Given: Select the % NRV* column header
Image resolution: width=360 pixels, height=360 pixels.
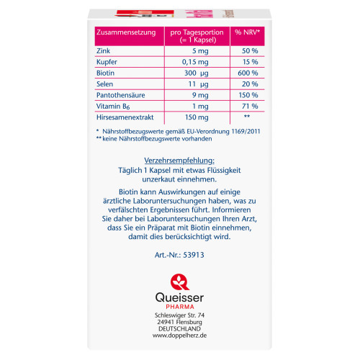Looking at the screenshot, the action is coord(246,33).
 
